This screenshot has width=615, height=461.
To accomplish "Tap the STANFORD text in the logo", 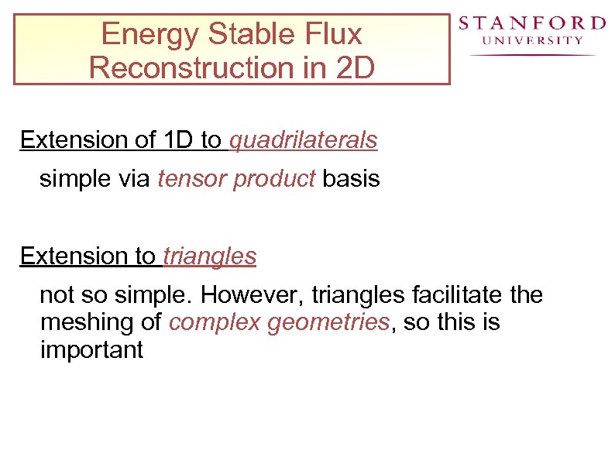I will click(x=531, y=23).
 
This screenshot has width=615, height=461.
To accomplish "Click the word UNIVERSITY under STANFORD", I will click(x=532, y=40).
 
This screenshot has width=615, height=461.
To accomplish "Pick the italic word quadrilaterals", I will click(x=303, y=140).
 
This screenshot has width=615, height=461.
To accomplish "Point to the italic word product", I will click(x=274, y=180).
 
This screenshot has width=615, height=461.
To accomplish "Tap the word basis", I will click(x=351, y=179).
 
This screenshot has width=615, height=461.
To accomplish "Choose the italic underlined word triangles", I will click(x=209, y=256).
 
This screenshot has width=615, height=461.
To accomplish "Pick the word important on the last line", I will click(x=91, y=349).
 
